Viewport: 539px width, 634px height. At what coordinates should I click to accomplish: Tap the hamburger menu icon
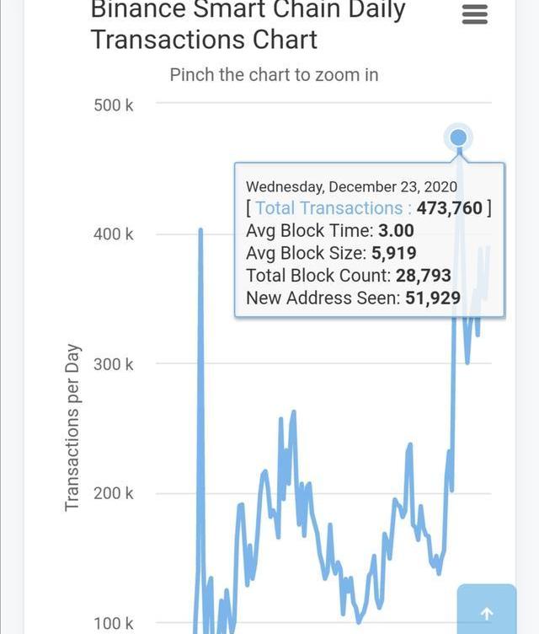(x=475, y=14)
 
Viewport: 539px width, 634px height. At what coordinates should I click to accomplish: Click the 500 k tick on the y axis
(x=113, y=105)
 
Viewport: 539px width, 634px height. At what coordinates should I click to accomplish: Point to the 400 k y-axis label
(x=113, y=234)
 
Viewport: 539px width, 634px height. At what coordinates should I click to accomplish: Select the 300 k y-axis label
(x=113, y=364)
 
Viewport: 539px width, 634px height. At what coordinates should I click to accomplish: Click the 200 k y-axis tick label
(x=113, y=493)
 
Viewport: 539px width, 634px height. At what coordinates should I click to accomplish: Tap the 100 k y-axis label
(x=113, y=623)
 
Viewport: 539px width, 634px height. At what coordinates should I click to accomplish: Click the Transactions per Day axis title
(x=72, y=427)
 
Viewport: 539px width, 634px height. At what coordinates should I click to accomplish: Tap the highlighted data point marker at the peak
(x=458, y=137)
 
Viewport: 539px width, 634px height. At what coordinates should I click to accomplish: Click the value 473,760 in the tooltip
(x=450, y=208)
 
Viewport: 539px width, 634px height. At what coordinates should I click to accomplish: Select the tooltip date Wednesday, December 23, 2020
(x=351, y=186)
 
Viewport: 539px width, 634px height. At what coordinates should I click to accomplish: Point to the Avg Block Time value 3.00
(x=396, y=230)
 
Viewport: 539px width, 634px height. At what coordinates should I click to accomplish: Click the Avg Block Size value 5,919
(x=392, y=253)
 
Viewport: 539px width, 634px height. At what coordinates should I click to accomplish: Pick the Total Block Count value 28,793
(x=424, y=276)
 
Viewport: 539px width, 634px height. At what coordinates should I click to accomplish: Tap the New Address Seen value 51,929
(x=433, y=298)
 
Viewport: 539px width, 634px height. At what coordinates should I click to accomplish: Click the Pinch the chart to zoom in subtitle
(x=274, y=74)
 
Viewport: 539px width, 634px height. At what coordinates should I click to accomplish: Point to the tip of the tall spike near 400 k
(x=200, y=229)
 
